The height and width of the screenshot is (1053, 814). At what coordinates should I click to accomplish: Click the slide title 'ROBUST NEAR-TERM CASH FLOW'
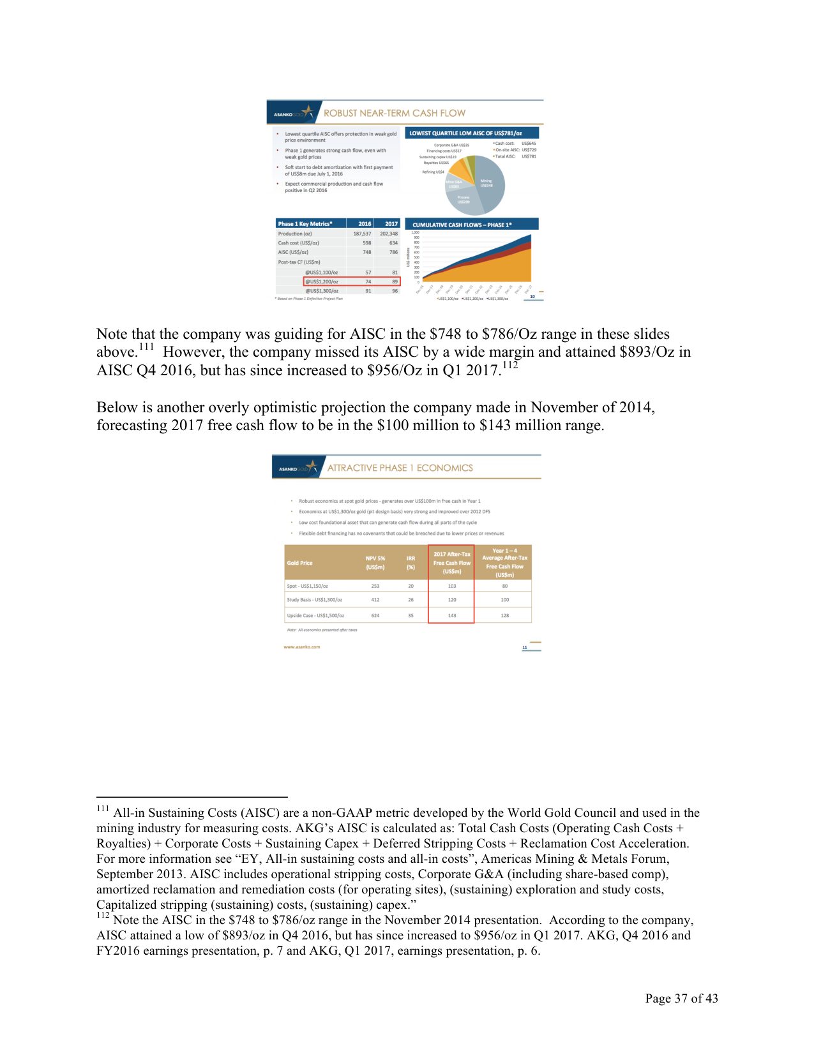pyautogui.click(x=394, y=113)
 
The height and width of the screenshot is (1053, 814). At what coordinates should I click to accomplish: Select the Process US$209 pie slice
pyautogui.click(x=464, y=200)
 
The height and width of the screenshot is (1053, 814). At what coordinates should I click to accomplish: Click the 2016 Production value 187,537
pyautogui.click(x=362, y=234)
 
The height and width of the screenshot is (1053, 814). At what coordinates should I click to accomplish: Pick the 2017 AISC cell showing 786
pyautogui.click(x=393, y=252)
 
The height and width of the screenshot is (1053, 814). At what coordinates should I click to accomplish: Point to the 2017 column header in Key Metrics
pyautogui.click(x=391, y=224)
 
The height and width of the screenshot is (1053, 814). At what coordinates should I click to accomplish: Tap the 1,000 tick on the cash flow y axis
pyautogui.click(x=416, y=233)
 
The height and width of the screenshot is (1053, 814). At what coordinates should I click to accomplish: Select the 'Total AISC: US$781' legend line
pyautogui.click(x=515, y=156)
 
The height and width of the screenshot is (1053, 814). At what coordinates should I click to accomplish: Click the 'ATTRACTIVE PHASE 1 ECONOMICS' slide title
pyautogui.click(x=400, y=468)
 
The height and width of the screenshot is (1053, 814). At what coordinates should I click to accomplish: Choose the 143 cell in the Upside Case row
pyautogui.click(x=451, y=616)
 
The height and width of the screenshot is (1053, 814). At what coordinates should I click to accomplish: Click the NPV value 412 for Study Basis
pyautogui.click(x=375, y=600)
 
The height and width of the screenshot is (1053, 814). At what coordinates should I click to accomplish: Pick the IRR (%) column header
pyautogui.click(x=411, y=563)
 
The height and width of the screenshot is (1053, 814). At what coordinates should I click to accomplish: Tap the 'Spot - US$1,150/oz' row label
pyautogui.click(x=307, y=586)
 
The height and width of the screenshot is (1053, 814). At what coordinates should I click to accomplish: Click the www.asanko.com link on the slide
pyautogui.click(x=301, y=647)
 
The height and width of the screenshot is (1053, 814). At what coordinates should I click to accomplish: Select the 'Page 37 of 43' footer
pyautogui.click(x=681, y=999)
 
